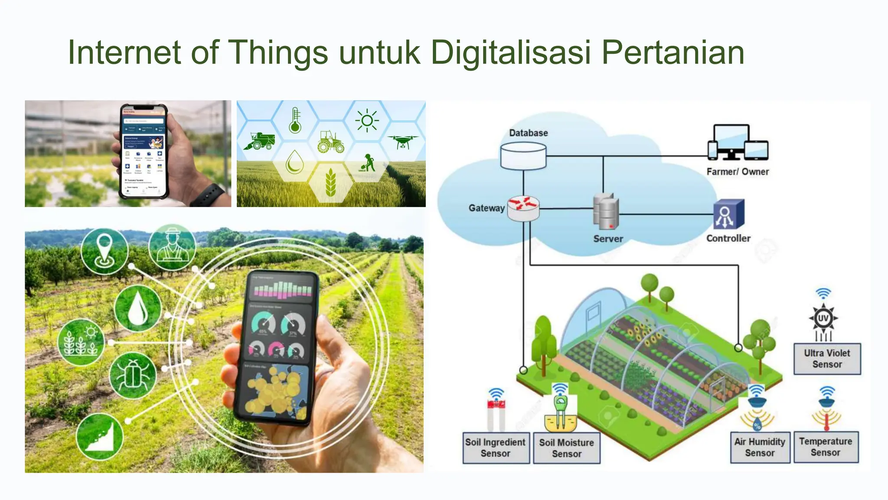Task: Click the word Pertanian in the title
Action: pos(673,53)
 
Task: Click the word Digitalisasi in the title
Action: pos(510,53)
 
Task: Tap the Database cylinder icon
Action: pos(523,156)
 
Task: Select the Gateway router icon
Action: pos(523,208)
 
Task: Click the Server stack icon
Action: pos(606,211)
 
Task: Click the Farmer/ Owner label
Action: pos(738,172)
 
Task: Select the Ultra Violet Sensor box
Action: pos(827,359)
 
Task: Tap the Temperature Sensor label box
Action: pos(826,447)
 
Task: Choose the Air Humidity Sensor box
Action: pos(760,447)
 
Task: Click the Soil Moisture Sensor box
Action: pos(566,448)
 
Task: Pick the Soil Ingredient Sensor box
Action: pos(496,448)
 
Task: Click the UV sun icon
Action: pos(823,319)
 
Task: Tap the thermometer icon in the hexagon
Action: pos(295,120)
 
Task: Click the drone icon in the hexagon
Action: pos(403,141)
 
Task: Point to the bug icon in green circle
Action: pos(132,375)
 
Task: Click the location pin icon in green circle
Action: pos(104,250)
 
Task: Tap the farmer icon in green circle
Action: pos(172,247)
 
